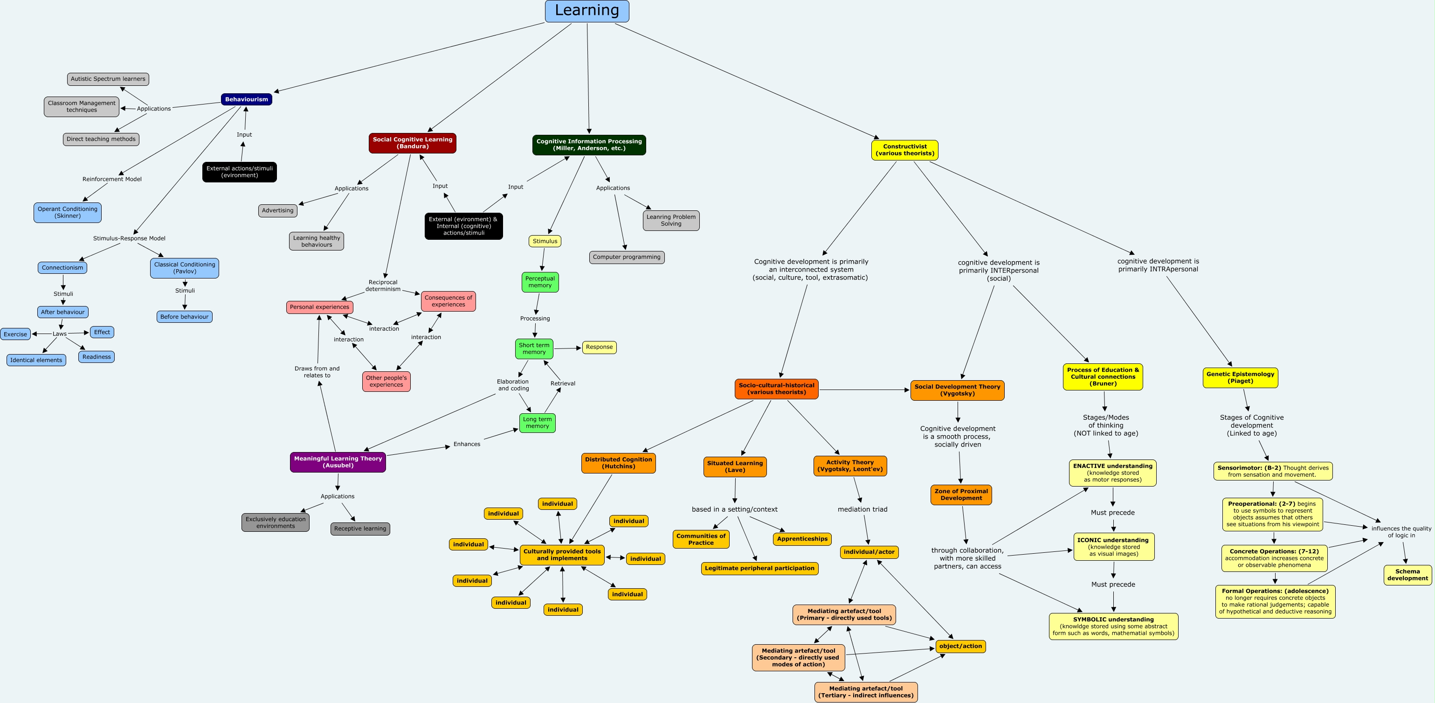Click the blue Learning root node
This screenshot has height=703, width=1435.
click(x=586, y=11)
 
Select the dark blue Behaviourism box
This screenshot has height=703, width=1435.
click(x=246, y=99)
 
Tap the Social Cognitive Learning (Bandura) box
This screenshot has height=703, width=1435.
click(x=412, y=143)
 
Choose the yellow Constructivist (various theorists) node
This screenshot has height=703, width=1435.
click(x=904, y=150)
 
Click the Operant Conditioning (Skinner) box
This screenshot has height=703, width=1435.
click(x=68, y=212)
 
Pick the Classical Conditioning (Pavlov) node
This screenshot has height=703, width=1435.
click(x=185, y=268)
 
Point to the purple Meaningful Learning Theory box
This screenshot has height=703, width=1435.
click(x=338, y=462)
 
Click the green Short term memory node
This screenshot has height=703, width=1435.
click(x=534, y=349)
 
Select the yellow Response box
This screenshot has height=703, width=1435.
click(x=599, y=348)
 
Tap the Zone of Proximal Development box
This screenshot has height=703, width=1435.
click(x=961, y=495)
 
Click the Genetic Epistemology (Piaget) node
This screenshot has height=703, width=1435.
click(x=1240, y=378)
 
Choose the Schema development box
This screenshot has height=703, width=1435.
click(x=1407, y=575)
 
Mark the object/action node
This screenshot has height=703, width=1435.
click(x=960, y=646)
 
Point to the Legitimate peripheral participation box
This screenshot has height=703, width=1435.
click(x=759, y=568)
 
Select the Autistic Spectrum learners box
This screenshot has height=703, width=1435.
click(x=108, y=79)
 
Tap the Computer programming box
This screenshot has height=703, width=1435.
click(x=627, y=257)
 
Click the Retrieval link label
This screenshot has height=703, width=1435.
click(x=563, y=383)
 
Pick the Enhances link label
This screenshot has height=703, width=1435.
click(x=466, y=444)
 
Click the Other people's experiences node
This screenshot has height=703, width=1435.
click(x=386, y=381)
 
